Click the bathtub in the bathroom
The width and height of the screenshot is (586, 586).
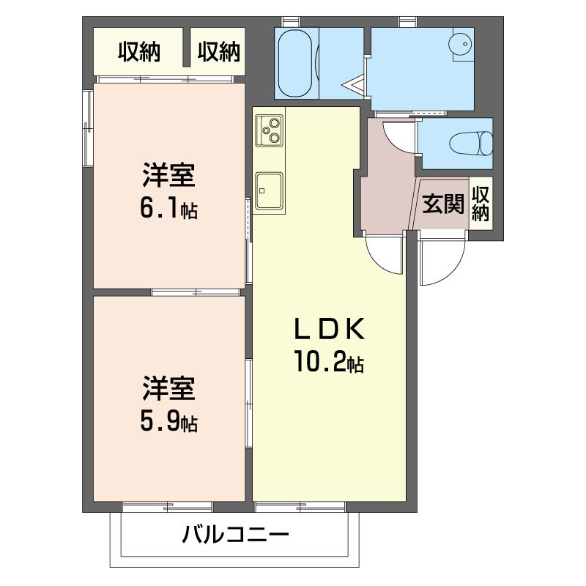click(x=296, y=62)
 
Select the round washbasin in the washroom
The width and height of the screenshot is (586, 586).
click(x=461, y=45)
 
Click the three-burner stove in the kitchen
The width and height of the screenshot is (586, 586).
click(x=269, y=130)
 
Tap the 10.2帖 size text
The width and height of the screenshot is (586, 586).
click(x=329, y=363)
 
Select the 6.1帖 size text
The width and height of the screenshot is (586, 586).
click(x=168, y=209)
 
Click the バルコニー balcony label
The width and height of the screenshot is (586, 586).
click(x=236, y=534)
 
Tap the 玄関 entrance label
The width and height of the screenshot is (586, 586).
click(x=443, y=204)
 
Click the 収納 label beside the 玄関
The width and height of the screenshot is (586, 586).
click(x=481, y=204)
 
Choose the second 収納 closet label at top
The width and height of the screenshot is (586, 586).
click(x=218, y=52)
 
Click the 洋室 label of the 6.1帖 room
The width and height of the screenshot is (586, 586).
click(x=168, y=178)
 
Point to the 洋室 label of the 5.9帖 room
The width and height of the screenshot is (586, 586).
click(x=168, y=388)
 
